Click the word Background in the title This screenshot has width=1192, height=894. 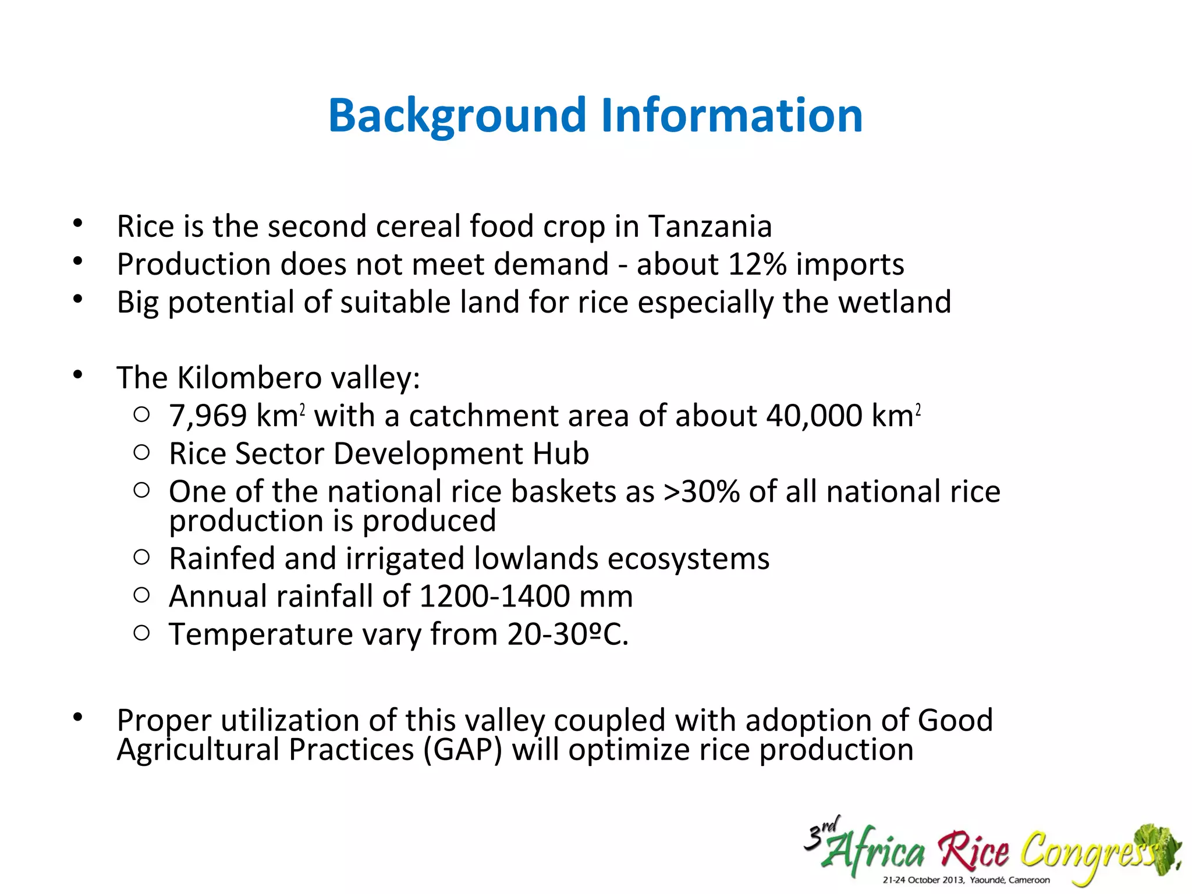(x=457, y=116)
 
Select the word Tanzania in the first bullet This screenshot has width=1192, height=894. (x=709, y=226)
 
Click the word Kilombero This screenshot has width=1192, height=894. (x=249, y=378)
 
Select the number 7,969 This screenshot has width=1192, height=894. (x=208, y=416)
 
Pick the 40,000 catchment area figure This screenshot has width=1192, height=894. (x=814, y=416)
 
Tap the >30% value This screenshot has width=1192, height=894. (x=701, y=492)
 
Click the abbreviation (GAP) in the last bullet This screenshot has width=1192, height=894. (x=463, y=750)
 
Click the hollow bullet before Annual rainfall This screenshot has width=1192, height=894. (x=141, y=595)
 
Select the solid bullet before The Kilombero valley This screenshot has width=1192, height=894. (x=78, y=375)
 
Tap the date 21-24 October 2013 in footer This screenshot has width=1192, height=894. (x=923, y=880)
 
